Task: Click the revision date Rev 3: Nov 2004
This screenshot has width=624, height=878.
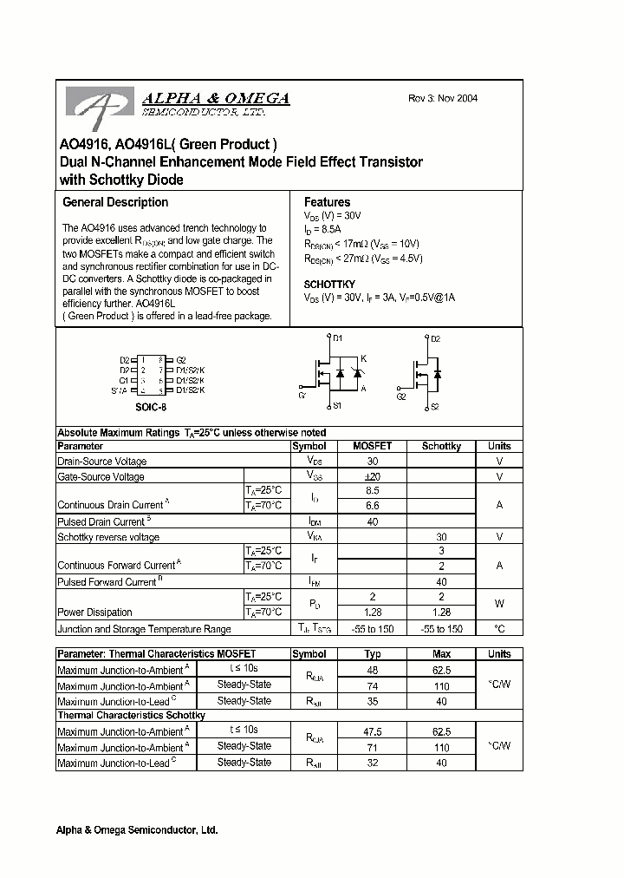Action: pos(443,99)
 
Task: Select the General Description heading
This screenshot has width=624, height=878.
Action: pos(115,202)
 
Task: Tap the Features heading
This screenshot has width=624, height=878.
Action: pos(327,202)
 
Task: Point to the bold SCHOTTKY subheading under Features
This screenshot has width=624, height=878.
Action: pos(329,285)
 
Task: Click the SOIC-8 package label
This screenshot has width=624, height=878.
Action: pos(152,405)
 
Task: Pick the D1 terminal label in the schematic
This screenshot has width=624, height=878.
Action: pos(338,338)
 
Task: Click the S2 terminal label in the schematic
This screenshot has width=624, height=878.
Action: pos(434,406)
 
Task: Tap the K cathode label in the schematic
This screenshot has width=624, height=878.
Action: pos(364,359)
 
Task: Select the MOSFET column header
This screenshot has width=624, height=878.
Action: pos(372,446)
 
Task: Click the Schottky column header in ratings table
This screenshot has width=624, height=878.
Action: pos(441,446)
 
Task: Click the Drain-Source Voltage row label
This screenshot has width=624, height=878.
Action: pos(101,462)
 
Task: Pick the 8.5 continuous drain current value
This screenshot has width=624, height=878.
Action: pos(372,490)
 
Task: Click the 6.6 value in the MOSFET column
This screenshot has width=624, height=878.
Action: pos(372,505)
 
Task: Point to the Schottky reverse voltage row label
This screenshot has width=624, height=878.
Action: pos(107,537)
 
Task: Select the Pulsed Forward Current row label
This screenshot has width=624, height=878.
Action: pos(107,582)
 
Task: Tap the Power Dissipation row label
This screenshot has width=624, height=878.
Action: pos(94,613)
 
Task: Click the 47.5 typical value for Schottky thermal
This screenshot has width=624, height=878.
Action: pos(372,731)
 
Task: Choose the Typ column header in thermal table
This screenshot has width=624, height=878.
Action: pos(372,654)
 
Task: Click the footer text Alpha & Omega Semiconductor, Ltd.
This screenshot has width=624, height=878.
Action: pos(138,830)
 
